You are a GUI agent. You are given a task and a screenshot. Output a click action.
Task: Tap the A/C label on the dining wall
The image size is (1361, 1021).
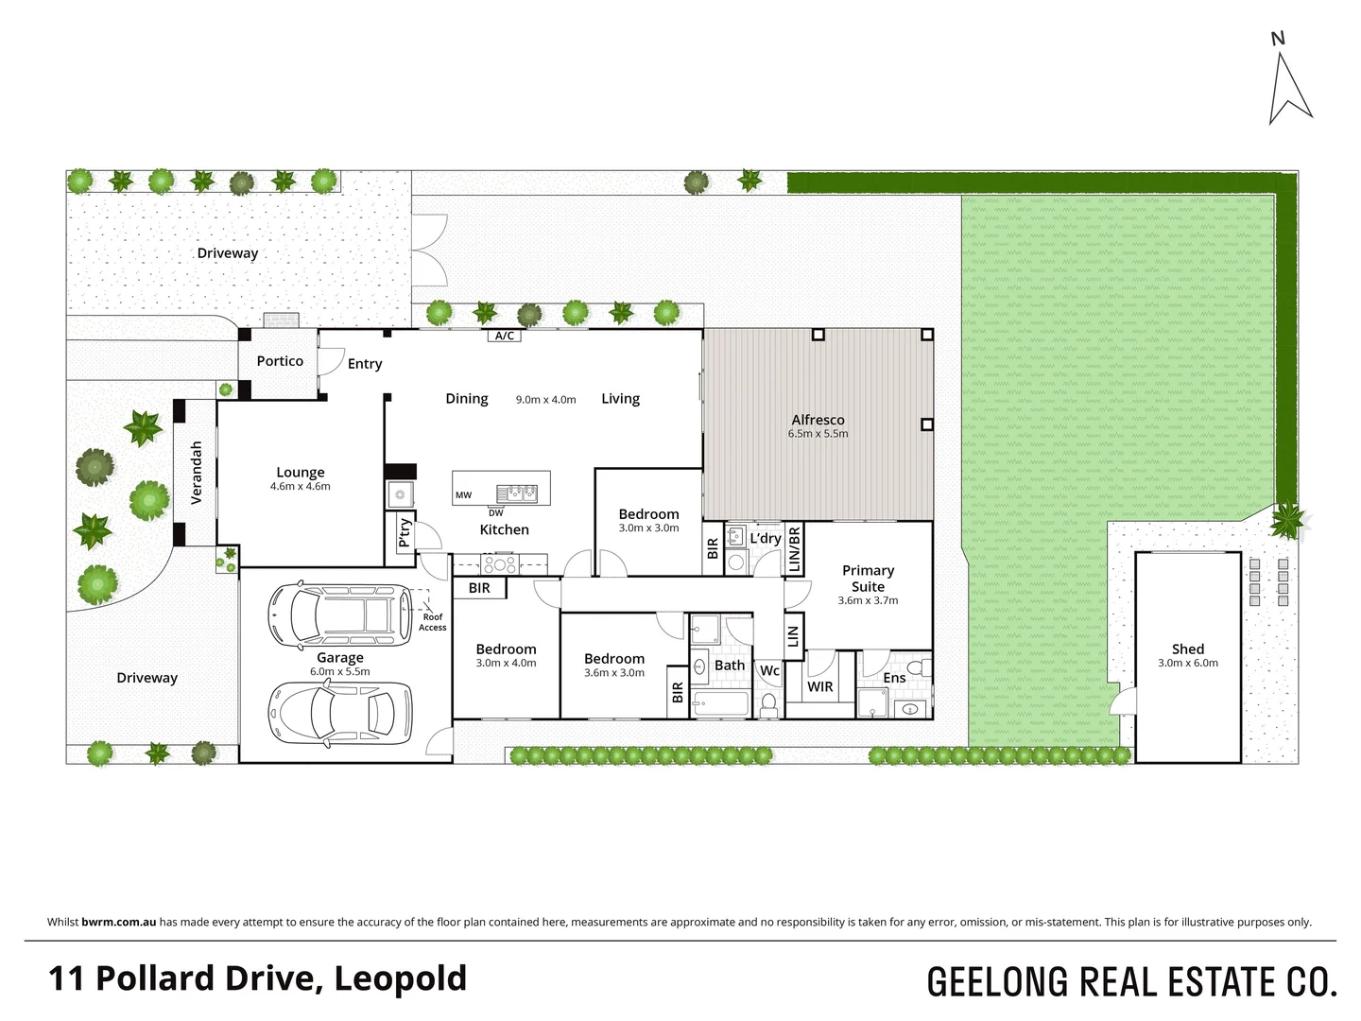pos(504,336)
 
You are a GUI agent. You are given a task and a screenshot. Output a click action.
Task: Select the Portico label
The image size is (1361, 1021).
pos(280,361)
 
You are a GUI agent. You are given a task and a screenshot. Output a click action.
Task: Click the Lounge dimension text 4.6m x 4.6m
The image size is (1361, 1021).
pos(300,487)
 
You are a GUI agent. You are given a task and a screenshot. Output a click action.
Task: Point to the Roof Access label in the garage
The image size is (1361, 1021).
pos(432,622)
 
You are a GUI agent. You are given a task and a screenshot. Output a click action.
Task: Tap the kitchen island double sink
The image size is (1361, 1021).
pos(516,493)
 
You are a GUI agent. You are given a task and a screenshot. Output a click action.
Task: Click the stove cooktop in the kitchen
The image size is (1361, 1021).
pos(499,564)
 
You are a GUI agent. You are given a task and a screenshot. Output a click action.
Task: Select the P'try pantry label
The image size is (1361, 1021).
pos(405,532)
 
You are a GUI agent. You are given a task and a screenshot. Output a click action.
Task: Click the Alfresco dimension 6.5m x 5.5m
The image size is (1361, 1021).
pos(818,434)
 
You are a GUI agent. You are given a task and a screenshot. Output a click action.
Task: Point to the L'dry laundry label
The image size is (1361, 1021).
pos(765,539)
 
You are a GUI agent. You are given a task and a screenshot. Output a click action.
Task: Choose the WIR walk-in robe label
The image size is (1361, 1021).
pos(819,686)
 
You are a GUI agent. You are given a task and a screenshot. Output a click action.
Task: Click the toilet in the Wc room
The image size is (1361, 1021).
pos(769,703)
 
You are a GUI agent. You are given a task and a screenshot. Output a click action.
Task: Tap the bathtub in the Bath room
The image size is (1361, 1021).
pos(720,704)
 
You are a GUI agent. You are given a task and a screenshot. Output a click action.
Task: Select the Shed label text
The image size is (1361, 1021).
pos(1188,649)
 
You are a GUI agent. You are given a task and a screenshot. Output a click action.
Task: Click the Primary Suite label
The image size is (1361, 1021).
pos(868,578)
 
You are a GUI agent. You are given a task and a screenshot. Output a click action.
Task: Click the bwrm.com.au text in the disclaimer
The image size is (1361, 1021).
pos(118,922)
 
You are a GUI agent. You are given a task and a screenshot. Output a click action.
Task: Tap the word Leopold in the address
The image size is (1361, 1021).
pos(401,978)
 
